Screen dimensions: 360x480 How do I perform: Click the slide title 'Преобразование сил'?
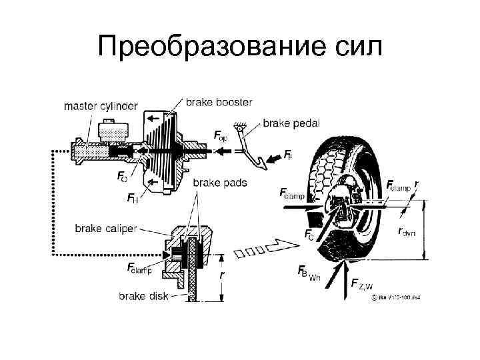coord(240,47)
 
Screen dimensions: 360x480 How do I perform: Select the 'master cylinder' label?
coord(101,106)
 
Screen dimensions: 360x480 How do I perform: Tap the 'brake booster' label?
coord(219,102)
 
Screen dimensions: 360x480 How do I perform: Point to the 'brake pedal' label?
coord(291,123)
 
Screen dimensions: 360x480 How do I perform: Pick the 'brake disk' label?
coord(143,295)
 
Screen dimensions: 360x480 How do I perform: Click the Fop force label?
coord(221,136)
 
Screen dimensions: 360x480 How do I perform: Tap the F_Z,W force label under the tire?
coord(362,285)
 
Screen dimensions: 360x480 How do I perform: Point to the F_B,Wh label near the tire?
coord(307,273)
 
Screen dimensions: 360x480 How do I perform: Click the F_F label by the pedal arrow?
coord(288,155)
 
